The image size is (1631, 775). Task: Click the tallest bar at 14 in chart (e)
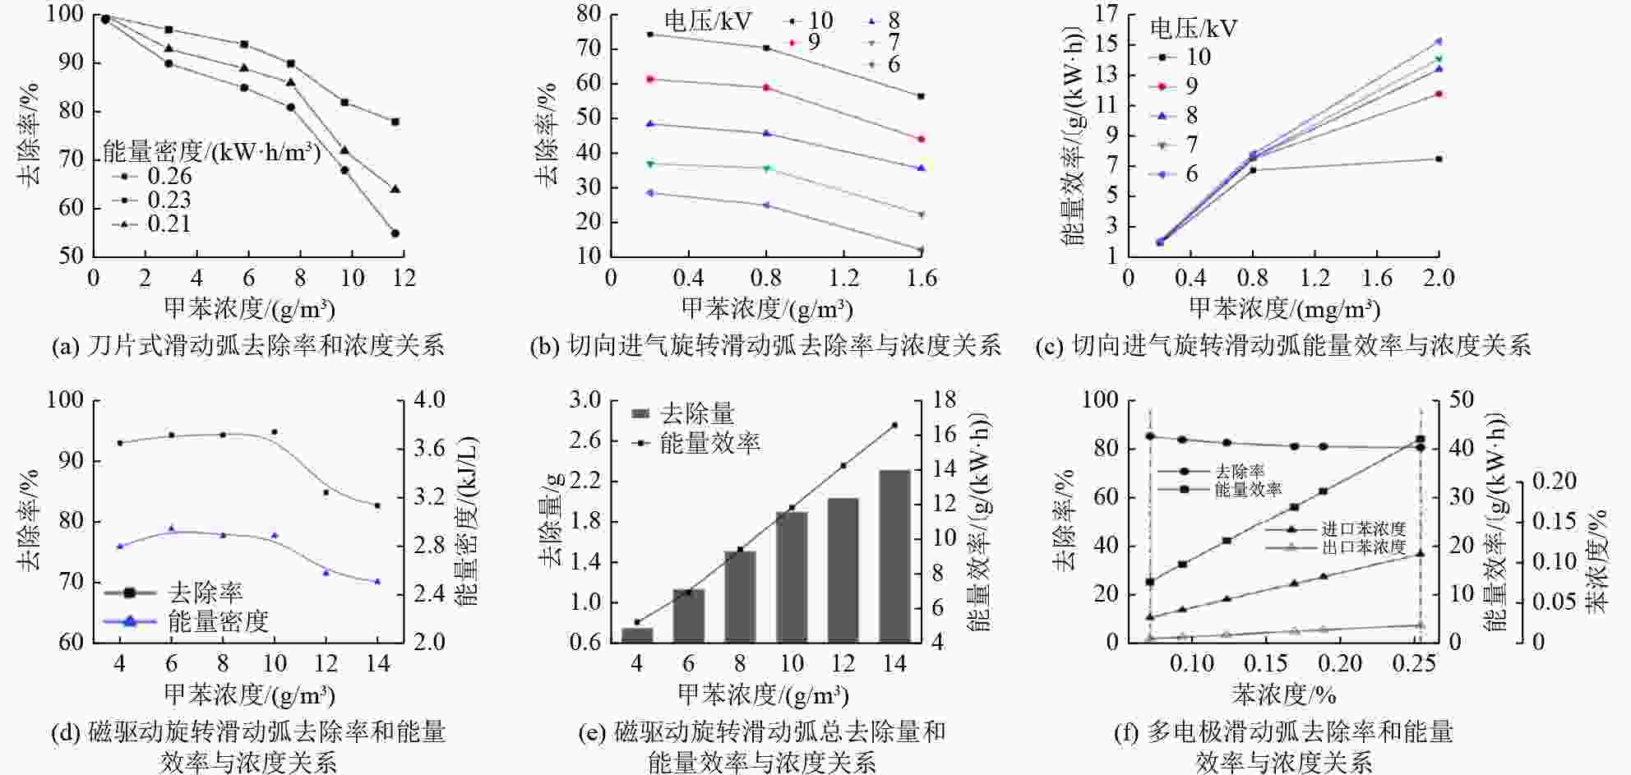click(x=894, y=556)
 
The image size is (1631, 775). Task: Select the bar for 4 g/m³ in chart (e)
click(x=636, y=634)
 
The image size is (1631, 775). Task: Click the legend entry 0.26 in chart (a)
click(x=169, y=176)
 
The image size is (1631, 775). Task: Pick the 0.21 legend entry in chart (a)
click(x=169, y=224)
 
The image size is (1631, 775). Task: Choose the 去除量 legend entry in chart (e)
click(x=697, y=413)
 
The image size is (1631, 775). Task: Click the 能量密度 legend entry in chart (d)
click(x=218, y=621)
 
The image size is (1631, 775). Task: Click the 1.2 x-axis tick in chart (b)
click(x=844, y=279)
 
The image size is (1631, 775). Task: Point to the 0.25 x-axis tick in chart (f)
click(x=1416, y=663)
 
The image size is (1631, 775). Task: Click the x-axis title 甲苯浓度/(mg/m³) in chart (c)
click(x=1284, y=309)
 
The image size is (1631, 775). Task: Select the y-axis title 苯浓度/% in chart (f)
click(x=1596, y=560)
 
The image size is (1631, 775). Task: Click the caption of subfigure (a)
click(x=247, y=345)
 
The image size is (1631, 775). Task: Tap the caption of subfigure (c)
click(x=1283, y=345)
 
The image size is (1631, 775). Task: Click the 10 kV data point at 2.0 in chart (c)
click(x=1439, y=159)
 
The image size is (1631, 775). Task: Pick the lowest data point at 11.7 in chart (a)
click(x=395, y=233)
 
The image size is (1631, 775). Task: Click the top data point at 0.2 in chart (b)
click(x=649, y=35)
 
